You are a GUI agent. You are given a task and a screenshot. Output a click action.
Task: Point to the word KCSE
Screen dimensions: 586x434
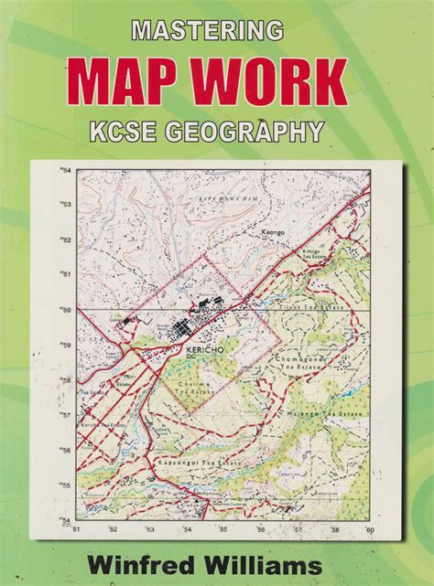pos(147,131)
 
